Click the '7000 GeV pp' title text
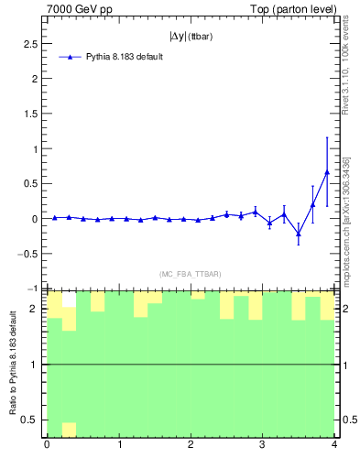(x=79, y=9)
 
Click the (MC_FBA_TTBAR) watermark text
(x=190, y=274)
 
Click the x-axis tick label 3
(x=262, y=447)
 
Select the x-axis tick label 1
(x=118, y=447)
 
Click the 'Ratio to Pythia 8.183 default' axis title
(x=13, y=364)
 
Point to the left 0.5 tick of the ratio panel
(x=31, y=420)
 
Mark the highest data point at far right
(x=327, y=171)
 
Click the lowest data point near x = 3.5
(x=298, y=234)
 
